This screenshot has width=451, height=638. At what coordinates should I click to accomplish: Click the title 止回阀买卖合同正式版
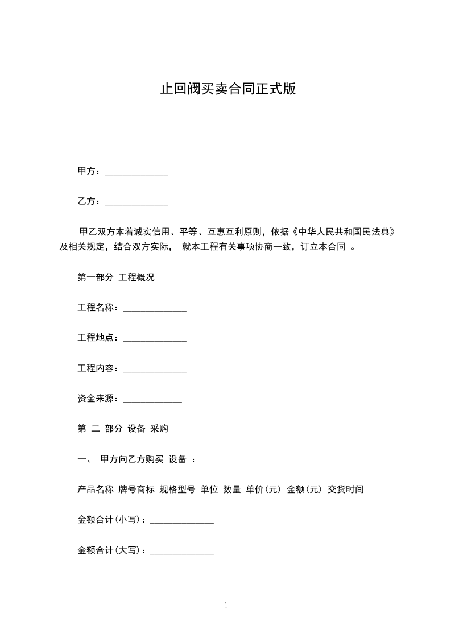point(227,90)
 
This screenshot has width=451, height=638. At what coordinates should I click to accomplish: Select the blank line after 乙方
point(136,202)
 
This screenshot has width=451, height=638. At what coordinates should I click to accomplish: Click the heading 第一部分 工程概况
point(116,278)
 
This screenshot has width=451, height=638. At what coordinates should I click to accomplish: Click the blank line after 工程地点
point(155,339)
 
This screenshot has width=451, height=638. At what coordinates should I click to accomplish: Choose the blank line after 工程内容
point(155,370)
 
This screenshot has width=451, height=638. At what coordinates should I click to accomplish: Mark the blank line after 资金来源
point(152,400)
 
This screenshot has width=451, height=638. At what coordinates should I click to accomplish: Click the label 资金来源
point(97,399)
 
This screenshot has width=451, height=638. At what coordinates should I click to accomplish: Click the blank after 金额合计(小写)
point(182,521)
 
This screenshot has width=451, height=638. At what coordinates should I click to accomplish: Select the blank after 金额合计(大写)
point(182,552)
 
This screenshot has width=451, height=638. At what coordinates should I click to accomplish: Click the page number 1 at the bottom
point(226,606)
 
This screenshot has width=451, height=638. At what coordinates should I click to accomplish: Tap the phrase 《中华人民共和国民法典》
point(344,232)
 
